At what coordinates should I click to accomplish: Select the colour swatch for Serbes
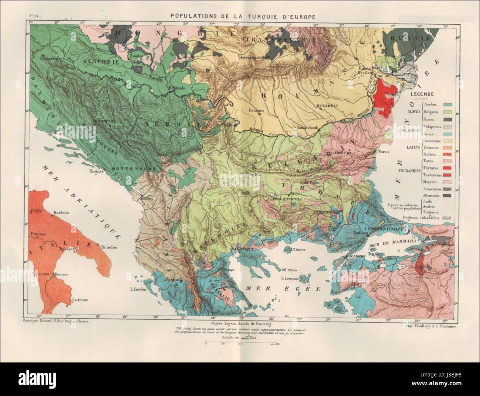click(x=449, y=105)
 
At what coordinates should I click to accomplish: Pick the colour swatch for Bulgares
click(x=449, y=112)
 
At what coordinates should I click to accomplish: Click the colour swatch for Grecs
click(x=449, y=133)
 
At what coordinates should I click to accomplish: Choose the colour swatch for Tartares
click(x=449, y=169)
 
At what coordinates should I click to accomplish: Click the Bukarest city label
click(x=327, y=105)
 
